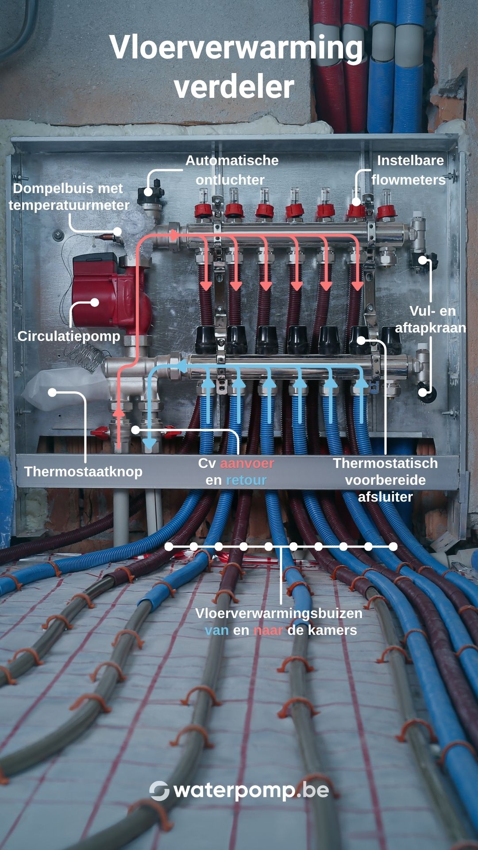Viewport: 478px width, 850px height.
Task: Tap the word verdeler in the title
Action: (x=234, y=87)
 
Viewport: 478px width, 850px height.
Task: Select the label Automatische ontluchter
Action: (x=231, y=170)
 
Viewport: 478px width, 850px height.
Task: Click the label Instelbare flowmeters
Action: (x=409, y=170)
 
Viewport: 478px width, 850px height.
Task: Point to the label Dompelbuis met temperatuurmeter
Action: (x=69, y=197)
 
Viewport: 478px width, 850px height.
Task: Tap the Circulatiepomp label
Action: (x=69, y=336)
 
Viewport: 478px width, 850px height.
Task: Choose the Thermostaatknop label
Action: (x=83, y=471)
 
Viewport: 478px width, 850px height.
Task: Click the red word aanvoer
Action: (x=247, y=464)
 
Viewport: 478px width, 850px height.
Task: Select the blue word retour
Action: (x=246, y=480)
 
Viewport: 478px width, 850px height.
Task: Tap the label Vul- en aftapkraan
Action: (x=431, y=319)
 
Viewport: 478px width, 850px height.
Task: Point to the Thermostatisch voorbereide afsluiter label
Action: (x=385, y=480)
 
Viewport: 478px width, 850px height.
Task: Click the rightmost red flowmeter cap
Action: (x=386, y=210)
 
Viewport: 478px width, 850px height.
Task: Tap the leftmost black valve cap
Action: (x=206, y=340)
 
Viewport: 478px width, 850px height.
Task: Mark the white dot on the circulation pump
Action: (x=94, y=302)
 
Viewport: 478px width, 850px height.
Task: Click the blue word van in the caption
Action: (x=216, y=630)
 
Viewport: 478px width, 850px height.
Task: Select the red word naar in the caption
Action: (x=268, y=630)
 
